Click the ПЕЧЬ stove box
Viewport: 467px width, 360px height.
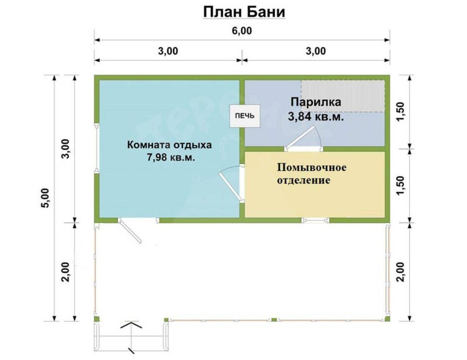click(x=244, y=115)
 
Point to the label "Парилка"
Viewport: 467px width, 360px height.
click(x=315, y=102)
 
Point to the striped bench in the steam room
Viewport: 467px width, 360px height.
click(x=342, y=96)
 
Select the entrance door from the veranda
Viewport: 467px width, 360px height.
click(x=131, y=232)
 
